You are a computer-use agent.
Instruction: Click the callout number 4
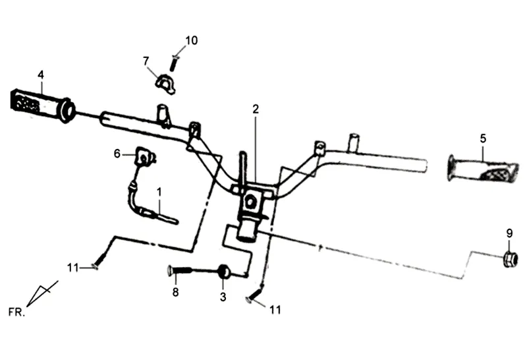(41, 75)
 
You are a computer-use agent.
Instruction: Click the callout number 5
(483, 138)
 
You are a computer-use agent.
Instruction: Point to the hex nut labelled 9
(509, 259)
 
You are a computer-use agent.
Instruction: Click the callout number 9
(509, 232)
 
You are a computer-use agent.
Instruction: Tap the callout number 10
(190, 40)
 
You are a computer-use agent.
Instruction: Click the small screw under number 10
(175, 63)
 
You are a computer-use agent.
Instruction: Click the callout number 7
(146, 61)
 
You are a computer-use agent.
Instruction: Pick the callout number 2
(255, 109)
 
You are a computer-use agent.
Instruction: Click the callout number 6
(117, 154)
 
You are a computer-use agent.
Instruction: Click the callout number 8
(175, 292)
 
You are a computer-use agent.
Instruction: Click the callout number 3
(223, 297)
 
